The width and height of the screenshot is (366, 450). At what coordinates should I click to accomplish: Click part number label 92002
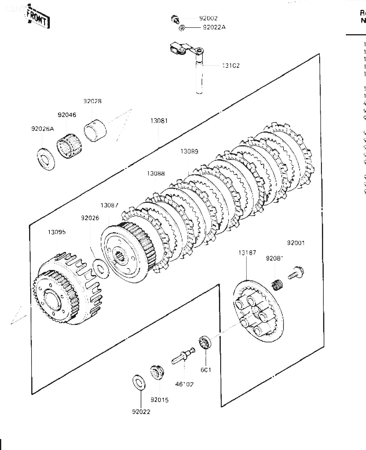[x=208, y=18]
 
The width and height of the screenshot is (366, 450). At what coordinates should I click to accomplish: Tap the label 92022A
[x=214, y=27]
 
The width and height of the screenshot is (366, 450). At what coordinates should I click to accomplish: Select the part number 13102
[x=231, y=65]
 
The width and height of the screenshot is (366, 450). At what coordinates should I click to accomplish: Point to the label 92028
[x=92, y=101]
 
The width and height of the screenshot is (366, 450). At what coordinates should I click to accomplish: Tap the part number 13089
[x=189, y=151]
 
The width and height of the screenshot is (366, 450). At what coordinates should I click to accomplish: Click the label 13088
[x=156, y=173]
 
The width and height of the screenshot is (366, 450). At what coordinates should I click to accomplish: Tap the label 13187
[x=247, y=253]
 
